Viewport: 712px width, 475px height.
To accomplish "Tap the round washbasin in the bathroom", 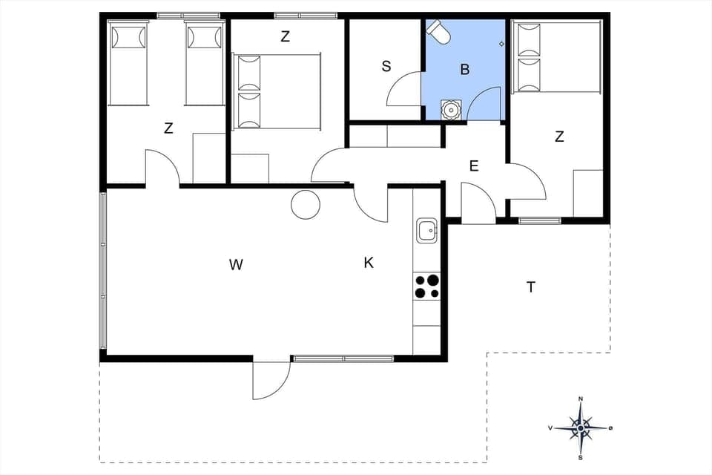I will (x=450, y=109).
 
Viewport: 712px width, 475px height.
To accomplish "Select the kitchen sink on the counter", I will (x=427, y=231).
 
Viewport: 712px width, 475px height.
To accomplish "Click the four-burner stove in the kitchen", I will (x=426, y=286).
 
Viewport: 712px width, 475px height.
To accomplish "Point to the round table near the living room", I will (x=305, y=204).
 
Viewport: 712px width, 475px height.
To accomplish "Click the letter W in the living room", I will (x=236, y=264).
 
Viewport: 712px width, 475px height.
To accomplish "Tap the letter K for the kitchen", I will (x=369, y=262).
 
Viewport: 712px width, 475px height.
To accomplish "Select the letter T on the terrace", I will (x=531, y=287).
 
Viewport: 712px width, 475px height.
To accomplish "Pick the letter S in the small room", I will (x=386, y=67).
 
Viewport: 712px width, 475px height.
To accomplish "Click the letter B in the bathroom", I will (x=465, y=70).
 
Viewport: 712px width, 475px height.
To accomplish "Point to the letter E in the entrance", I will (x=474, y=166).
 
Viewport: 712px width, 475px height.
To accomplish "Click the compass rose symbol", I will (x=580, y=428).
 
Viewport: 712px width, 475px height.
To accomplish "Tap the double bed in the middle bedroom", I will (x=277, y=91).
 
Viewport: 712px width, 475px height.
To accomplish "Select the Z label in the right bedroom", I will (x=559, y=137).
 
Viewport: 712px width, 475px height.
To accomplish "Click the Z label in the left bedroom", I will (x=168, y=128).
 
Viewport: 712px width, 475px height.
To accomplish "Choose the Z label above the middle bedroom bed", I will (x=285, y=36).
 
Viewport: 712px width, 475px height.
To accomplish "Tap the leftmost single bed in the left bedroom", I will (x=128, y=63).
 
